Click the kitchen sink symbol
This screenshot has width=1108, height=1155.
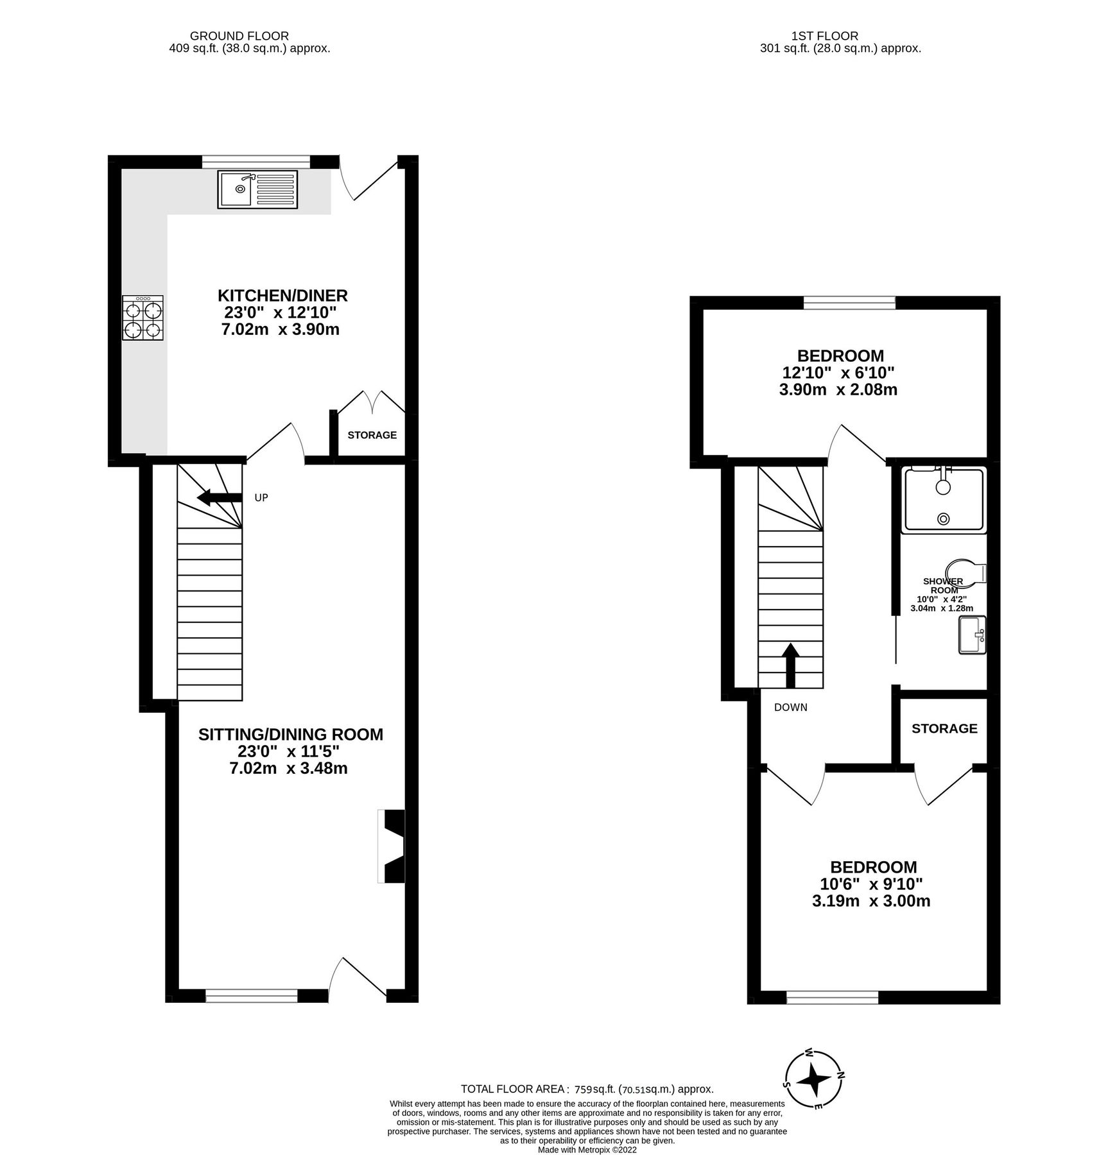point(257,189)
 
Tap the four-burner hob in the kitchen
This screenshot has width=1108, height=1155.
point(143,318)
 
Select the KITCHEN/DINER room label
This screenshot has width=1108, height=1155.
point(282,296)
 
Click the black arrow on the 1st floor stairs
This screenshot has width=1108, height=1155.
point(790,665)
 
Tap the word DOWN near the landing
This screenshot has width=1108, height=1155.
point(790,708)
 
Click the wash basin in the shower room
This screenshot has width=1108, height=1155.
point(972,635)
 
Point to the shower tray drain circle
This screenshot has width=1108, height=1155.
point(943,518)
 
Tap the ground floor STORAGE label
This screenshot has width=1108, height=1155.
point(372,435)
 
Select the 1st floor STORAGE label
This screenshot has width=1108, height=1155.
point(944,728)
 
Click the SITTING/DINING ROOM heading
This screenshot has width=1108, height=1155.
point(290,735)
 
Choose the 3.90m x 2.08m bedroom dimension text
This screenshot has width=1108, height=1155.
point(838,389)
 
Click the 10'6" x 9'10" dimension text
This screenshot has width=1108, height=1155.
point(873,884)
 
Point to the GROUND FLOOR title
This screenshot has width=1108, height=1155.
point(239,37)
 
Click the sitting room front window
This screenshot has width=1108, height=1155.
point(252,995)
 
